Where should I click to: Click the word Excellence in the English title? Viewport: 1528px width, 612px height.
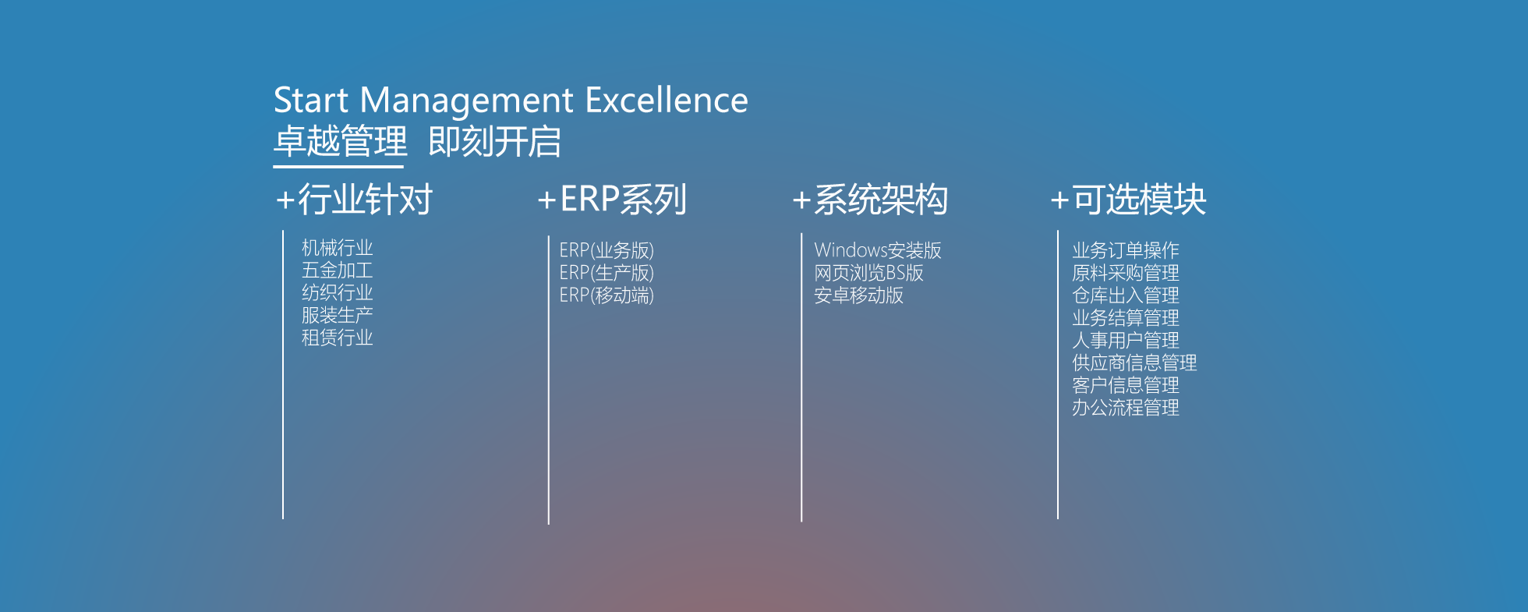click(x=667, y=100)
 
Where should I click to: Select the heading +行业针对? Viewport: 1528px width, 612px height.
click(x=354, y=200)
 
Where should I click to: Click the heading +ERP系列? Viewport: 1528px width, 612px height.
click(x=612, y=200)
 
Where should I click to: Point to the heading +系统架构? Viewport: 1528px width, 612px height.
click(x=870, y=200)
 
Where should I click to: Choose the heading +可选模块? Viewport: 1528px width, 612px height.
click(x=1128, y=200)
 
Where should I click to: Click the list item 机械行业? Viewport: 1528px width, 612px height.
click(x=338, y=248)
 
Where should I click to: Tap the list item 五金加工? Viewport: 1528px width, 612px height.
click(x=338, y=271)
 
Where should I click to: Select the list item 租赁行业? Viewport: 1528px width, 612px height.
click(x=338, y=338)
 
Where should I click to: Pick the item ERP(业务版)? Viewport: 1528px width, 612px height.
click(x=607, y=250)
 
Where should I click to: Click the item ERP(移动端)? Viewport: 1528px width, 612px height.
click(x=607, y=295)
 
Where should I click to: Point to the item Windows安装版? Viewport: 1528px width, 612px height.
click(x=878, y=250)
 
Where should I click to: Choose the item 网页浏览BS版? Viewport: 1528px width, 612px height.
click(x=868, y=273)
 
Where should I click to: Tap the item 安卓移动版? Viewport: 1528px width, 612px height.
click(x=858, y=295)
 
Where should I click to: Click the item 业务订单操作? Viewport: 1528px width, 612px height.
click(x=1126, y=250)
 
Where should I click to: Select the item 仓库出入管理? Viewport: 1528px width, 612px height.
click(x=1126, y=295)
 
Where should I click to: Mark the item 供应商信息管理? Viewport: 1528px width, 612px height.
click(x=1134, y=363)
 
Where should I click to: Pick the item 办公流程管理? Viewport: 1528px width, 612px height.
click(x=1126, y=408)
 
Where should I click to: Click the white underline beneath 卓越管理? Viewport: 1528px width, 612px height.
click(x=338, y=166)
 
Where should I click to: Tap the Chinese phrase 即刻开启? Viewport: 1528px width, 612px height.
click(x=495, y=142)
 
